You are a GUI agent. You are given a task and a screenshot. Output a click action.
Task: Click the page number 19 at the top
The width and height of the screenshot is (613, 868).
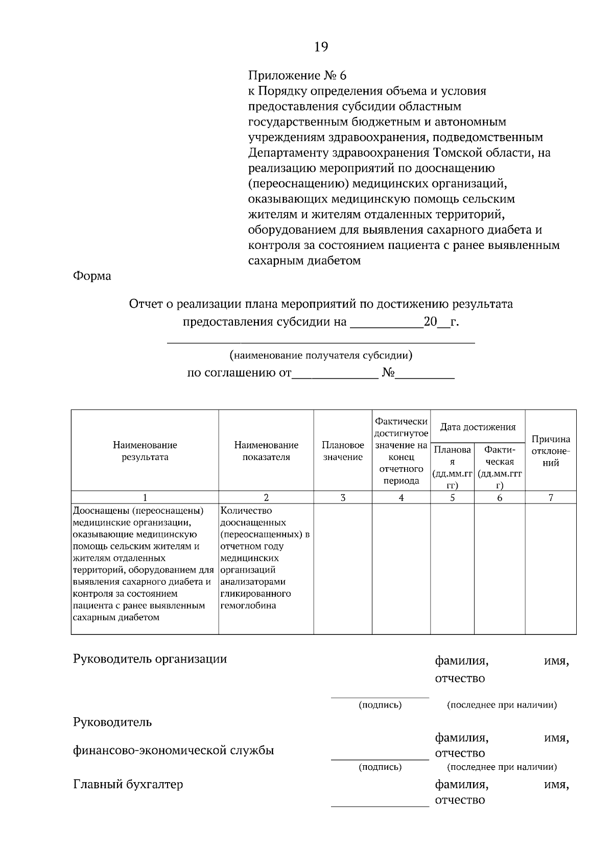click(x=321, y=48)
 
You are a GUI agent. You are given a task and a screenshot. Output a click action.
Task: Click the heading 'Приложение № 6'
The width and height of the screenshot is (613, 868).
click(x=297, y=76)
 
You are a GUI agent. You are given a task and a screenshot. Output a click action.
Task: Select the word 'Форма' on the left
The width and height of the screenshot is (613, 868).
click(x=92, y=276)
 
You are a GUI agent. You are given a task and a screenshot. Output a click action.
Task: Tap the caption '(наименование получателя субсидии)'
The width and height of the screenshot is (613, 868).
click(x=321, y=355)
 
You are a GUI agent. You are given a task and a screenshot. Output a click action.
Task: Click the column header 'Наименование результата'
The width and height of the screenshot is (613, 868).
click(x=145, y=451)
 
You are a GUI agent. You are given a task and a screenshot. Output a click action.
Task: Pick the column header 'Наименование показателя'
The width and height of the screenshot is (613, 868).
click(x=266, y=451)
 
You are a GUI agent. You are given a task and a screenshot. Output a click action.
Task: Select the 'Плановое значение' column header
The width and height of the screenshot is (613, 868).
click(x=343, y=451)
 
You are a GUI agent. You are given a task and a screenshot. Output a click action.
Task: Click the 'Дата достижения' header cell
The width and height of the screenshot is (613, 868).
click(x=478, y=427)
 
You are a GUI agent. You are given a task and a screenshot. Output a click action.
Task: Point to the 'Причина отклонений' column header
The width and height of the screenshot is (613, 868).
click(x=551, y=451)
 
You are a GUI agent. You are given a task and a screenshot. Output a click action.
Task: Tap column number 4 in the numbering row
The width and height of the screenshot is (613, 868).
click(x=401, y=497)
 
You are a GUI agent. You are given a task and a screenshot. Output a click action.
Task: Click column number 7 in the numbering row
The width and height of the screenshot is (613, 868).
click(x=551, y=497)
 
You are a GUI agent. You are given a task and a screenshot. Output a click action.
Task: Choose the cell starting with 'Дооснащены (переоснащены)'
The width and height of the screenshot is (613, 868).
click(x=138, y=511)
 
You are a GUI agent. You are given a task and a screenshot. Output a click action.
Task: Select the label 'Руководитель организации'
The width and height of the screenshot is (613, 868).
click(x=150, y=658)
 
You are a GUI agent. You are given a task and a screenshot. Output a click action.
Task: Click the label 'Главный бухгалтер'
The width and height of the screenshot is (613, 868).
click(x=128, y=784)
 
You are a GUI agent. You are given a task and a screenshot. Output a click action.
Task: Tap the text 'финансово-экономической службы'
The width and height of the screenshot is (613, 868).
click(x=174, y=750)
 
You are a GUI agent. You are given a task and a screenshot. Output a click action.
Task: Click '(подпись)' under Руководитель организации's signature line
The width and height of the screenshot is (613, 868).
click(x=380, y=705)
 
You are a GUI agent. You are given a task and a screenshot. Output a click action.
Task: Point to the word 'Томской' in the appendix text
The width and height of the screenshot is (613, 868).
click(x=457, y=153)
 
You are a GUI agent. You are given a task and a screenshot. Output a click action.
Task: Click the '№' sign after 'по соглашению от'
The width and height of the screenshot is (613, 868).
click(x=388, y=373)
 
